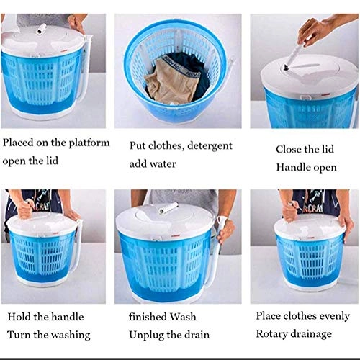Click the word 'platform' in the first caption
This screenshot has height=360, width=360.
(89, 143)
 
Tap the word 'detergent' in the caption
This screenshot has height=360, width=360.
(210, 146)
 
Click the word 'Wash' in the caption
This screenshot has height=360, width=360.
(183, 317)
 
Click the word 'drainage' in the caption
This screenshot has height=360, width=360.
(312, 334)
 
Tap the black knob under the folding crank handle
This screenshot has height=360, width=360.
(287, 68)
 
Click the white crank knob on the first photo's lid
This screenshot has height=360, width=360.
(41, 29)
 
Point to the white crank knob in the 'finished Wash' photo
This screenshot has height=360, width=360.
(168, 207)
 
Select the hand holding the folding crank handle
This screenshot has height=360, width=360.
(314, 31)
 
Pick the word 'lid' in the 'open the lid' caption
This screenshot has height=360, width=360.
(52, 161)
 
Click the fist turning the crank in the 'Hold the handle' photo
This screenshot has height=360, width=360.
(24, 210)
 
